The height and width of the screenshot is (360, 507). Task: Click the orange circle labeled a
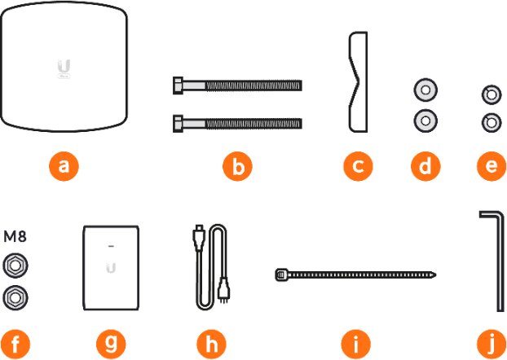[x=64, y=166]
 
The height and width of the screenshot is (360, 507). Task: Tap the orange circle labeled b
[x=237, y=166]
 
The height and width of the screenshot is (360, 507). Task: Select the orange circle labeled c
[x=358, y=166]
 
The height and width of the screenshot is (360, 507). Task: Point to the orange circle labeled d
[x=425, y=166]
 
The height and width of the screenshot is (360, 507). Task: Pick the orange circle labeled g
[x=111, y=343]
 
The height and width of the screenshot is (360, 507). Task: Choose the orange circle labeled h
[x=211, y=343]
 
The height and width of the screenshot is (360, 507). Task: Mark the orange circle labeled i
[x=355, y=343]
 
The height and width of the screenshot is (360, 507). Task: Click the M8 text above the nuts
[x=15, y=236]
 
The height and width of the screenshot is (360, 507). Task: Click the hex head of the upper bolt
[x=179, y=86]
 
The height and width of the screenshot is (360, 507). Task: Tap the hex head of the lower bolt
[x=179, y=124]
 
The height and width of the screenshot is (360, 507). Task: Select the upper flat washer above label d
[x=425, y=90]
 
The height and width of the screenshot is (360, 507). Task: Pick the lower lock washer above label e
[x=492, y=123]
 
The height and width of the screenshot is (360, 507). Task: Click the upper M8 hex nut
[x=15, y=266]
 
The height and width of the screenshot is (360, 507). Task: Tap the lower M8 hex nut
[x=15, y=297]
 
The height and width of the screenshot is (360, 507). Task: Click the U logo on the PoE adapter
[x=111, y=268]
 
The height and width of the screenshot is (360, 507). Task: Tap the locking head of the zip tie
[x=281, y=275]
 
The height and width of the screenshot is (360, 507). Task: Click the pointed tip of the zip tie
[x=435, y=275]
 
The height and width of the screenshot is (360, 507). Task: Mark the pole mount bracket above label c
[x=359, y=81]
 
